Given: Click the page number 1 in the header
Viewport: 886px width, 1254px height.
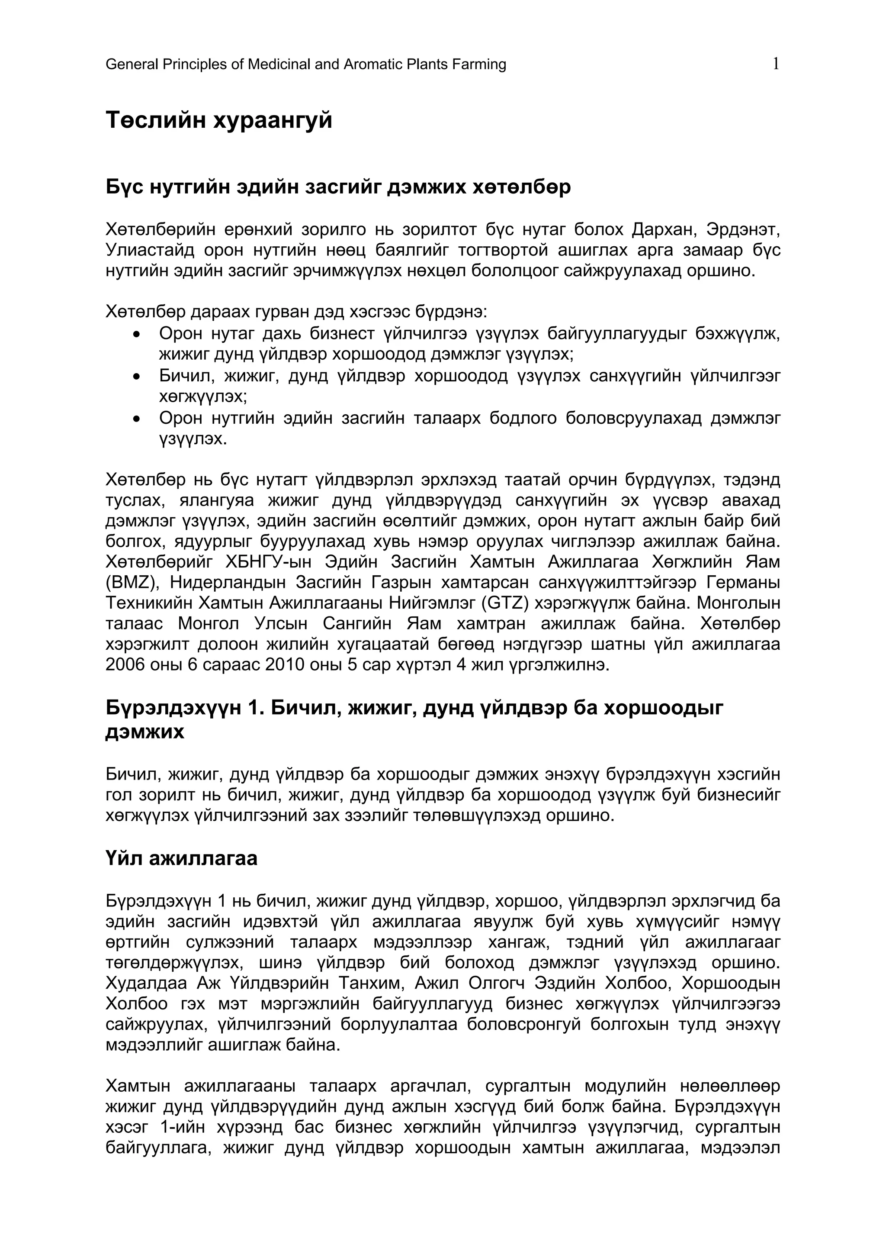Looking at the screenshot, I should coord(775,64).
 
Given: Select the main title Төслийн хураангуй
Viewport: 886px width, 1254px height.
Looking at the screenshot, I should coord(219,120).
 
